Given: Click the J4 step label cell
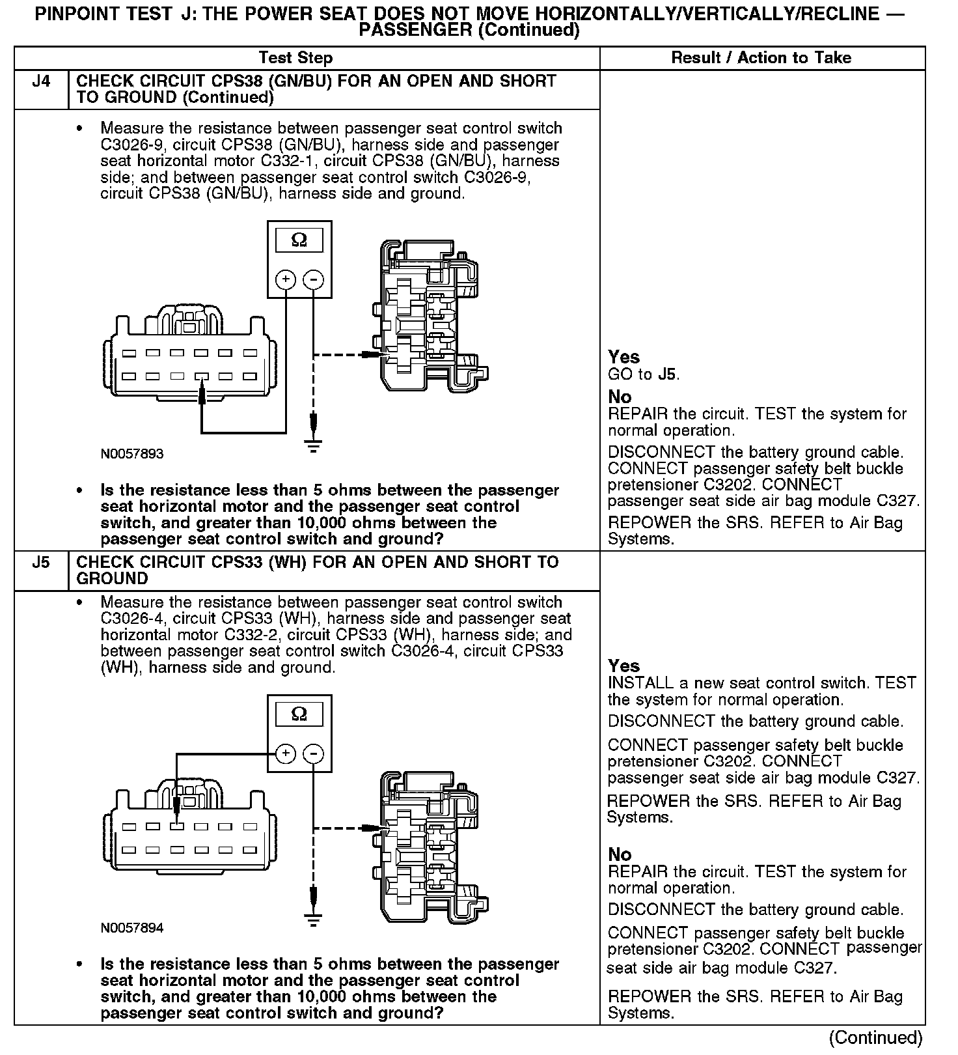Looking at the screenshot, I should pyautogui.click(x=40, y=82).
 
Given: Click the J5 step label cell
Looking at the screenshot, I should pyautogui.click(x=40, y=563).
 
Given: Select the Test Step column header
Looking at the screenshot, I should pyautogui.click(x=295, y=57).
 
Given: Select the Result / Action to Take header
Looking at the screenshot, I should pyautogui.click(x=761, y=57).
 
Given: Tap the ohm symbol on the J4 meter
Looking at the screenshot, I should pyautogui.click(x=299, y=240).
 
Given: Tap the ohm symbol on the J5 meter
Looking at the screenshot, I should pyautogui.click(x=299, y=714).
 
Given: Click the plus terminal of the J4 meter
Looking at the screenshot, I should pyautogui.click(x=286, y=280).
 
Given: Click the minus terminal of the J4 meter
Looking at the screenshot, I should pyautogui.click(x=314, y=280).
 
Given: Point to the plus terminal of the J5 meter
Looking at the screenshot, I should pyautogui.click(x=286, y=754).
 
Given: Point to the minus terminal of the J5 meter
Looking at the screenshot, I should pyautogui.click(x=314, y=754).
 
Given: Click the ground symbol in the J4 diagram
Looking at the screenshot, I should pyautogui.click(x=314, y=445).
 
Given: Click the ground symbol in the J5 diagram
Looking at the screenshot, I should pyautogui.click(x=314, y=920).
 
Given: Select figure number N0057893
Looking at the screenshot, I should pyautogui.click(x=132, y=454).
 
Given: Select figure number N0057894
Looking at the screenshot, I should pyautogui.click(x=132, y=928).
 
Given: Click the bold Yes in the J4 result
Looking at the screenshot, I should pyautogui.click(x=623, y=357).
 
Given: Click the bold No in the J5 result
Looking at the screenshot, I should pyautogui.click(x=620, y=854).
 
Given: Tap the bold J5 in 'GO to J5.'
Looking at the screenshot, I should pyautogui.click(x=666, y=374).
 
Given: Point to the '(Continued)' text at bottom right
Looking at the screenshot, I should pyautogui.click(x=875, y=1037).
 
